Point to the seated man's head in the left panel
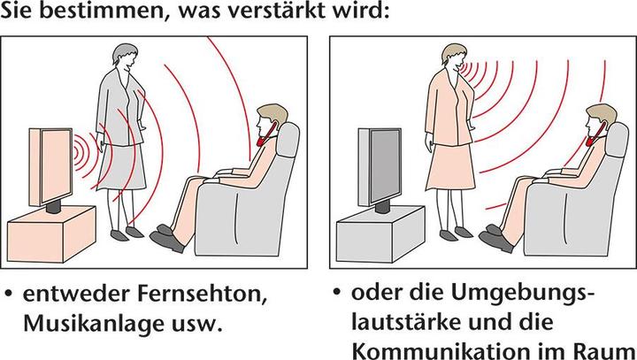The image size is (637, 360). pyautogui.click(x=267, y=122)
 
